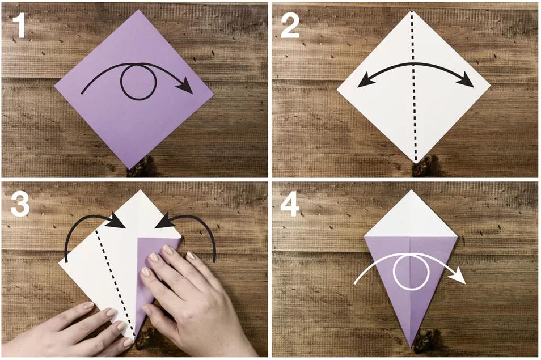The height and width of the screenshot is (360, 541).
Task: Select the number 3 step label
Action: point(20,205)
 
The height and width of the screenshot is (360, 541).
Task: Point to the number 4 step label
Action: point(290,205)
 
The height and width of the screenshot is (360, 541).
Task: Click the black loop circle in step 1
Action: point(121,82)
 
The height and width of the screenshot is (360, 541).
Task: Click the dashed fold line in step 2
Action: point(413,86)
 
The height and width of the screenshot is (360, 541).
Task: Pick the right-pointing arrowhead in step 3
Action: point(117,221)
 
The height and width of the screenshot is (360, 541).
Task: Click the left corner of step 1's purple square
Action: point(55,84)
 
